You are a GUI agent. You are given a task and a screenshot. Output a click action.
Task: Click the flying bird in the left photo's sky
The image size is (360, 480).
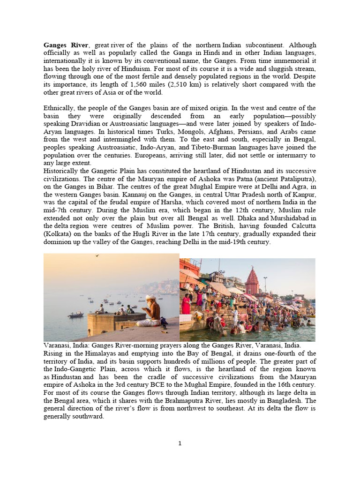coord(97,256)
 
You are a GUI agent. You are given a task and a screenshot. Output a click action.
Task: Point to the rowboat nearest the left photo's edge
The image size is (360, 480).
coord(75,315)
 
